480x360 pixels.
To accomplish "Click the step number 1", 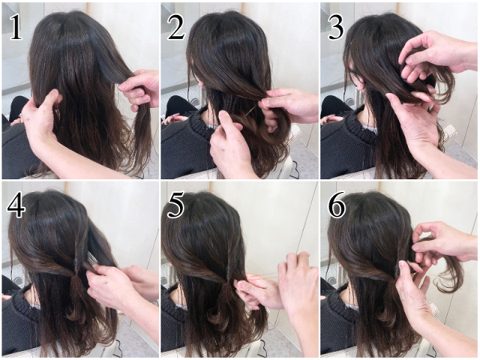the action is (x=16, y=27).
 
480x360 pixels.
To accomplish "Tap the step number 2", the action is (x=177, y=27).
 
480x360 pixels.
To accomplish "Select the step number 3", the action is (x=336, y=27).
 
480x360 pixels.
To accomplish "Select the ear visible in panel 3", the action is (x=361, y=85).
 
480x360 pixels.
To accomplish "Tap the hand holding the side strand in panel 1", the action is (x=139, y=89).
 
